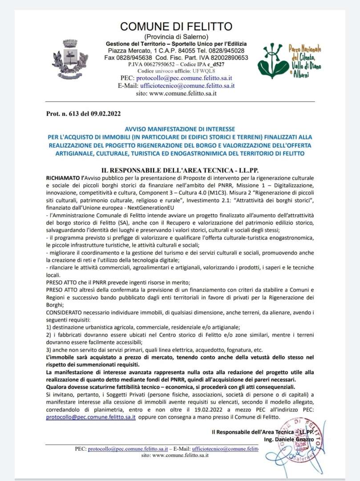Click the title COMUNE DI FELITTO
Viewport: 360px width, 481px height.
point(176,26)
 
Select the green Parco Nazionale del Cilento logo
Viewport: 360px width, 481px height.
point(290,61)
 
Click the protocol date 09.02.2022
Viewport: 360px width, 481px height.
point(105,114)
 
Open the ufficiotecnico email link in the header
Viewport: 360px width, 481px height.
point(187,86)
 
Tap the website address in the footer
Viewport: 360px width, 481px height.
point(175,456)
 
